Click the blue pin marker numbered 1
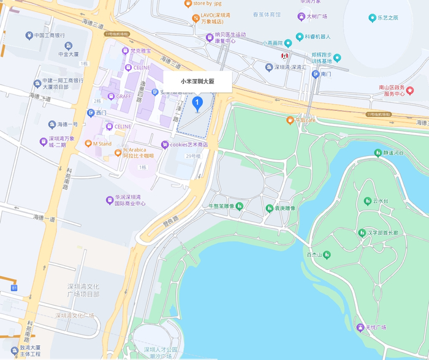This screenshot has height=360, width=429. coord(197,103)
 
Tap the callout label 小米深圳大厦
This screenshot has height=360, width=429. coord(197,81)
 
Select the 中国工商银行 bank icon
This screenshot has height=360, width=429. coord(29,36)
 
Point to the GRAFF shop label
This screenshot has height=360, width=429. coord(124,96)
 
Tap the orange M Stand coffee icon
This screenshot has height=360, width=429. coord(88,144)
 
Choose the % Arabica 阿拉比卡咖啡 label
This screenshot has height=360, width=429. coord(139,152)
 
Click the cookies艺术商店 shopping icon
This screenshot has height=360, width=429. coord(164,144)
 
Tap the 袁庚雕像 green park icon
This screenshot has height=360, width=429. coord(269,208)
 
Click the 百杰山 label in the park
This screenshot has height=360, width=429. coord(314,254)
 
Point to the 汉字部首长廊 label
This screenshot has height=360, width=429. coord(382,233)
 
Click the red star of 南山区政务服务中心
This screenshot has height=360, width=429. coord(410,91)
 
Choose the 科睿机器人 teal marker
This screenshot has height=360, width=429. coord(300,37)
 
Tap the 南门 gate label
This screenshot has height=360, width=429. coord(325,73)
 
